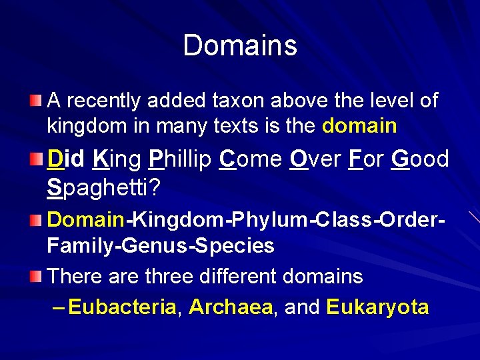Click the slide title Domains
click(240, 45)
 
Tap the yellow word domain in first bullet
click(359, 125)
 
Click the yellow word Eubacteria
click(123, 307)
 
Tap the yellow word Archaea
click(231, 307)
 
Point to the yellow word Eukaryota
click(377, 307)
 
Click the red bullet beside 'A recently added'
click(36, 101)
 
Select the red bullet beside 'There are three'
click(36, 275)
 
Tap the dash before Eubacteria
click(58, 307)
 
